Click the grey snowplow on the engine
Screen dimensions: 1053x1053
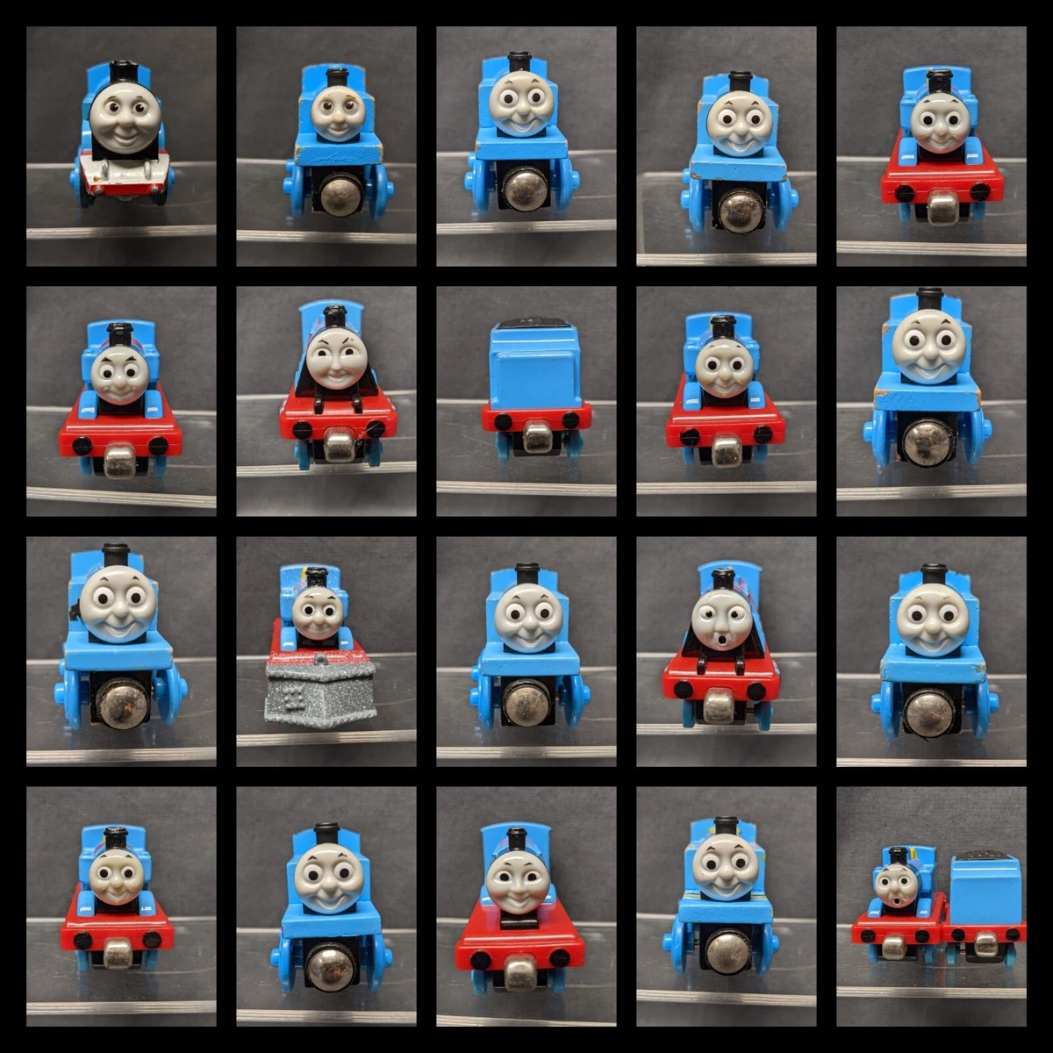click(x=320, y=689)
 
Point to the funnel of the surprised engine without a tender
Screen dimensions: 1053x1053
click(x=723, y=579)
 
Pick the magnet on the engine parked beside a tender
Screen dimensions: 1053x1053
click(x=893, y=945)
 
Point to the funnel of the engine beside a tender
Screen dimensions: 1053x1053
click(x=897, y=854)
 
